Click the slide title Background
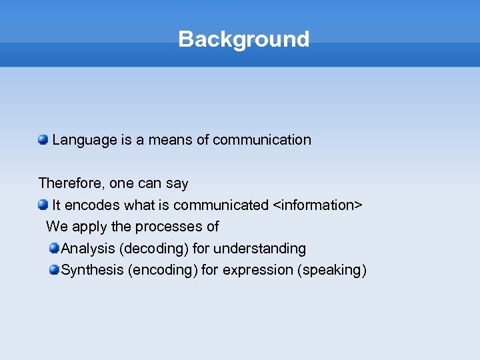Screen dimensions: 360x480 (243, 39)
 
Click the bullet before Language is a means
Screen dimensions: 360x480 (43, 139)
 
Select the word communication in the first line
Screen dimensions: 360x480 (262, 140)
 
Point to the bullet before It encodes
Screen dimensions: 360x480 (43, 204)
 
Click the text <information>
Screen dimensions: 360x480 (318, 205)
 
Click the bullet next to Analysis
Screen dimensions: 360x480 (54, 248)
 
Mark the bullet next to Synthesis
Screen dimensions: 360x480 (54, 269)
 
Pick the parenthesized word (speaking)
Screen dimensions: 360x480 (332, 270)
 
